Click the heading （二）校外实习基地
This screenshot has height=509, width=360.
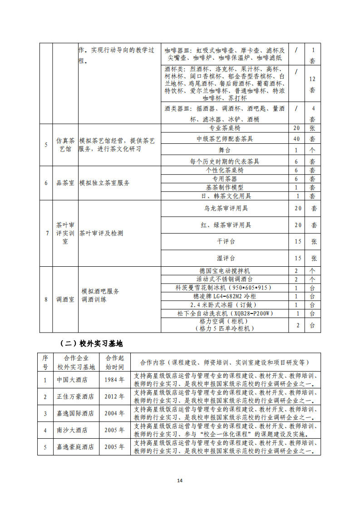tap(91, 343)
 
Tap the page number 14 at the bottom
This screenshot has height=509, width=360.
tap(180, 481)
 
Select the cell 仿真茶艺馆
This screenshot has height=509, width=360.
tap(65, 145)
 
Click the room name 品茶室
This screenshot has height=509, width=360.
tap(65, 183)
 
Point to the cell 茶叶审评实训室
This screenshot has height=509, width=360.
tap(65, 233)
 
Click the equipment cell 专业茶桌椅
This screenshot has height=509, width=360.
tap(225, 128)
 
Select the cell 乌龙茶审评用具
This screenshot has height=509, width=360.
tap(225, 209)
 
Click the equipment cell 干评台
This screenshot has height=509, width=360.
tap(225, 241)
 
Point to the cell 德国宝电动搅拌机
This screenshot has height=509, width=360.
tap(225, 270)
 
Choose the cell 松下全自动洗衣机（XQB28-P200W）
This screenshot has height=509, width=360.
tap(225, 313)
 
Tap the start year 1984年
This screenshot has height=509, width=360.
tap(114, 380)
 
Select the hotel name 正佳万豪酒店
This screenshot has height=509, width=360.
tap(75, 396)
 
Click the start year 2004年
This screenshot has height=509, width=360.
tap(114, 413)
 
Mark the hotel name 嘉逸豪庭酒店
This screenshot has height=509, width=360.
tap(75, 447)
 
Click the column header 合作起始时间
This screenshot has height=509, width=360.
tap(114, 362)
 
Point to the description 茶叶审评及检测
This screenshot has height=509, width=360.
tap(101, 233)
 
